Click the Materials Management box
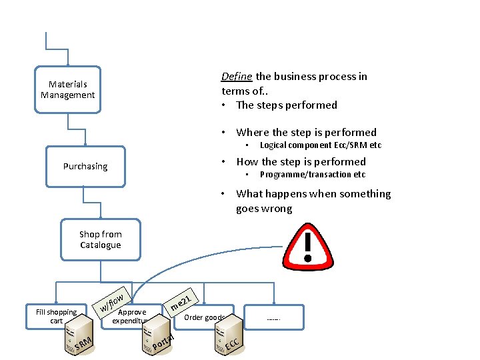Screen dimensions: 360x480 [67, 90]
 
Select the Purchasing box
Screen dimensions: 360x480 [85, 167]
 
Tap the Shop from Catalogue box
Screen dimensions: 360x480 [100, 239]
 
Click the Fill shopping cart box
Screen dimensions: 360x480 [56, 316]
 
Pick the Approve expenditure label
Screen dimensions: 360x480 [131, 316]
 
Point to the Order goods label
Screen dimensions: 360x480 [204, 317]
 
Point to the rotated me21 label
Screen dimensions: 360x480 [181, 301]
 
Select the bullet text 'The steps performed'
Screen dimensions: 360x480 [286, 105]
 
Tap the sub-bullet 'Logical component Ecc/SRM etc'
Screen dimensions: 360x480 [320, 145]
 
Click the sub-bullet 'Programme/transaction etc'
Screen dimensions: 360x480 [312, 175]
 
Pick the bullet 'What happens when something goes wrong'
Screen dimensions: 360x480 [313, 201]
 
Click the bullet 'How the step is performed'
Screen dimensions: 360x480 [301, 161]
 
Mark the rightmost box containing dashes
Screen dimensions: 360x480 [273, 318]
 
